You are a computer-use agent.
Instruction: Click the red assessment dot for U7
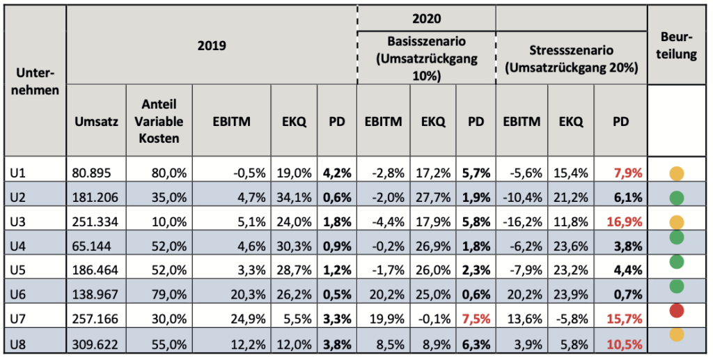tap(677, 311)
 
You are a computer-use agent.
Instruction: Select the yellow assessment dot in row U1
tap(677, 173)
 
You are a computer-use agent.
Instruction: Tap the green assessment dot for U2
tap(677, 198)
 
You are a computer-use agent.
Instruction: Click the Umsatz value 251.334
tap(95, 222)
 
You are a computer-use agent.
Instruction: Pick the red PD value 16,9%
tap(621, 222)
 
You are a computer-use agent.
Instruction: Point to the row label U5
tap(17, 270)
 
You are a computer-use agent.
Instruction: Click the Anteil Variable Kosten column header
tap(159, 121)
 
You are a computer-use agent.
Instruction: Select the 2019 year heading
tap(212, 45)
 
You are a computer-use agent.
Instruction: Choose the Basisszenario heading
tap(427, 58)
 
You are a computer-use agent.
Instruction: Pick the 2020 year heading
tap(427, 19)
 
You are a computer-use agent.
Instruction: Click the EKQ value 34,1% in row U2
tap(294, 198)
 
